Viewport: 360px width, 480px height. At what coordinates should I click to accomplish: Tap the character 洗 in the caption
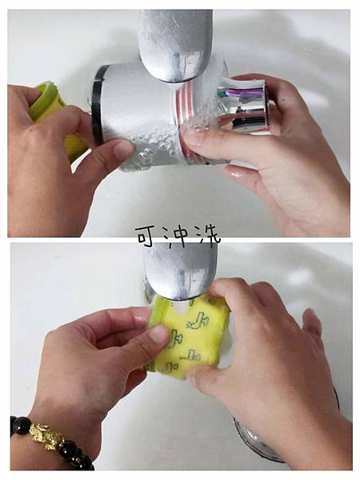(209, 235)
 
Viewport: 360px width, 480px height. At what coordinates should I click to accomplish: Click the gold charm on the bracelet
(47, 436)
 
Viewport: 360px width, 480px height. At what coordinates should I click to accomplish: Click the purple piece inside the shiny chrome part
(245, 92)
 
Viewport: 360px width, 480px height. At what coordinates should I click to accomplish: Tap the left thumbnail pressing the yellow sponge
(159, 334)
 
